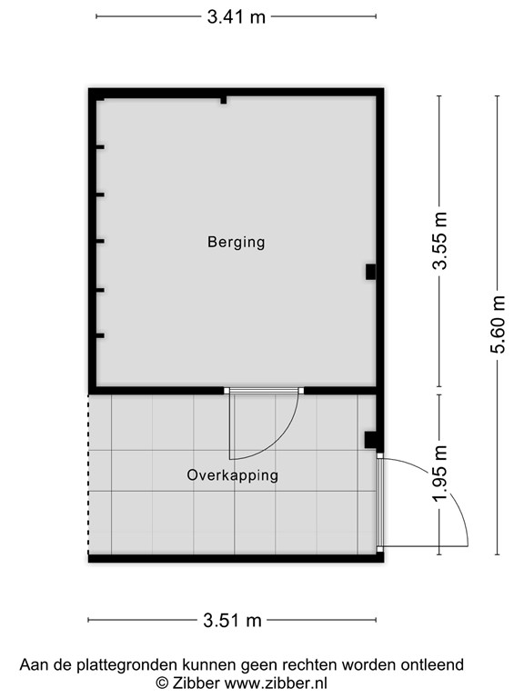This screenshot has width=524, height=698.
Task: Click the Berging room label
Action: coord(236,242)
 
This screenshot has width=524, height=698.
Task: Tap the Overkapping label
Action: coord(232,474)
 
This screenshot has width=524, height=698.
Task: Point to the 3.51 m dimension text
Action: coord(232,621)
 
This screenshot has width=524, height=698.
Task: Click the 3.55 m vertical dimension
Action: coord(440,241)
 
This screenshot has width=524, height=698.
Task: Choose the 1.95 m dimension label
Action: coord(440,473)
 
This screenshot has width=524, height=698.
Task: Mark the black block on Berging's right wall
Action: coord(370,271)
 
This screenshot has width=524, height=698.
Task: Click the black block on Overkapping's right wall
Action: coord(370,440)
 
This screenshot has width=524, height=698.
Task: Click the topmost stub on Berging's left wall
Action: coord(100,147)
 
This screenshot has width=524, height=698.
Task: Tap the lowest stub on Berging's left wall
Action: coord(100,336)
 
